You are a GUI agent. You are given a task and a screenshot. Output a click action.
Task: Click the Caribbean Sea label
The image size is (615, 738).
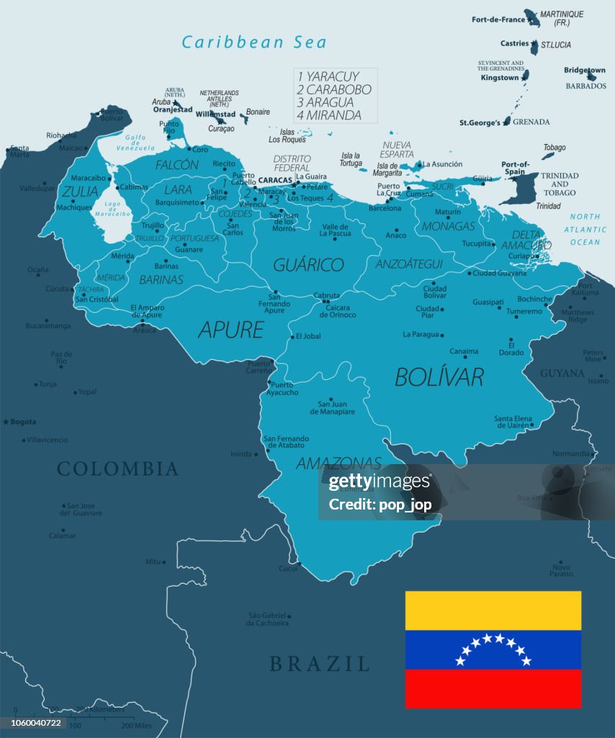pyautogui.click(x=253, y=43)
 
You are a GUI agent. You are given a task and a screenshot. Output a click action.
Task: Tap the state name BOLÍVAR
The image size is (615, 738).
pyautogui.click(x=439, y=376)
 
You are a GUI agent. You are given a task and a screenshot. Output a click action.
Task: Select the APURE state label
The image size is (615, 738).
pyautogui.click(x=230, y=330)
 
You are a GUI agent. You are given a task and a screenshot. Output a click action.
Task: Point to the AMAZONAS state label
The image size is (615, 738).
pyautogui.click(x=338, y=463)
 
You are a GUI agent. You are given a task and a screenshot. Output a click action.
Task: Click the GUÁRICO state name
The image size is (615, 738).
pyautogui.click(x=308, y=264)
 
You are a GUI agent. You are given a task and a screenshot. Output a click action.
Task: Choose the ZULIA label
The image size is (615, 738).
pyautogui.click(x=80, y=191)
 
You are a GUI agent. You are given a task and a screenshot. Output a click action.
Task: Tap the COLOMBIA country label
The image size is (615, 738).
pyautogui.click(x=117, y=469)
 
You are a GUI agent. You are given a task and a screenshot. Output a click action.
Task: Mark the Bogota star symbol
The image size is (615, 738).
pyautogui.click(x=6, y=422)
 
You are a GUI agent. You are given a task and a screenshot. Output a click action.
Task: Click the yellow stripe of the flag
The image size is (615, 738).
pyautogui.click(x=493, y=610)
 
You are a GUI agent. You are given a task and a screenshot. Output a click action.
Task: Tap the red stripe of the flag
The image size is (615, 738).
pyautogui.click(x=493, y=688)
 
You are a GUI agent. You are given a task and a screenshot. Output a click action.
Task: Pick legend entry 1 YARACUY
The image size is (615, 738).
pyautogui.click(x=328, y=76)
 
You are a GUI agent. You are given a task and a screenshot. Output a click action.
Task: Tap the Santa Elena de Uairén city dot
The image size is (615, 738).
pyautogui.click(x=531, y=424)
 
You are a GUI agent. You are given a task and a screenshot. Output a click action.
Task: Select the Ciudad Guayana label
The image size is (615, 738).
pyautogui.click(x=500, y=273)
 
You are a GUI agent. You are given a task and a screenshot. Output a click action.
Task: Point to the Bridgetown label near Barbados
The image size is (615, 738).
pyautogui.click(x=584, y=71)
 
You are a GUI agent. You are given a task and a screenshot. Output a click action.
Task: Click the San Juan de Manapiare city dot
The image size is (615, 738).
pyautogui.click(x=331, y=399)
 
